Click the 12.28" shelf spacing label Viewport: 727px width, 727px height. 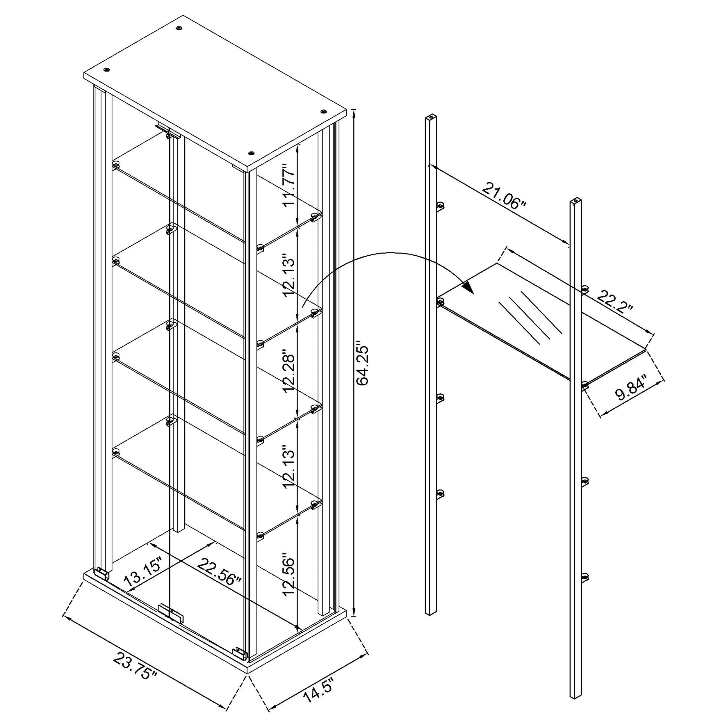click(x=290, y=373)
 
